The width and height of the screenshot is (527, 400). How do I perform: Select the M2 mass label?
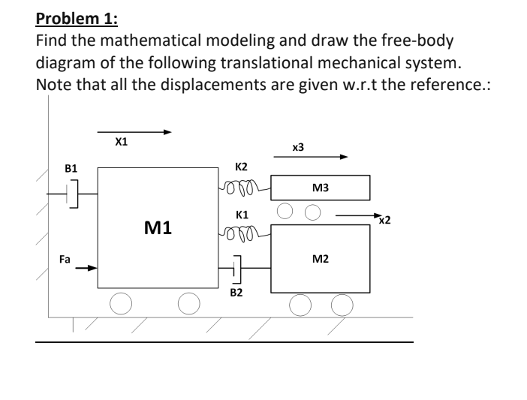(x=320, y=259)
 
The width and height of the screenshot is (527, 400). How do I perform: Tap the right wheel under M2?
(x=342, y=304)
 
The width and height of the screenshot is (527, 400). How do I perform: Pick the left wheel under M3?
(x=285, y=210)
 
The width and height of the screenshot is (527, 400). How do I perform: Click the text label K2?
(x=242, y=166)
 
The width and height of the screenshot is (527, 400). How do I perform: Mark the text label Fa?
(x=65, y=258)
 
